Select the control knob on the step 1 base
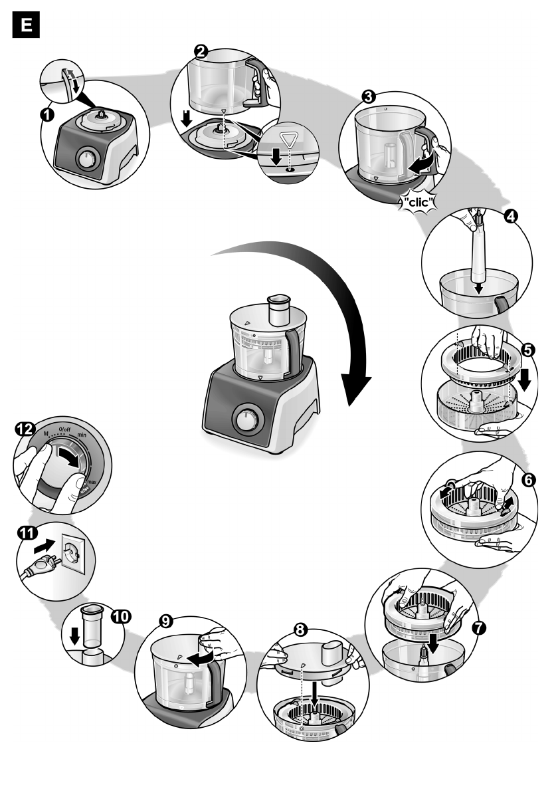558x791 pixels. click(x=86, y=159)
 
